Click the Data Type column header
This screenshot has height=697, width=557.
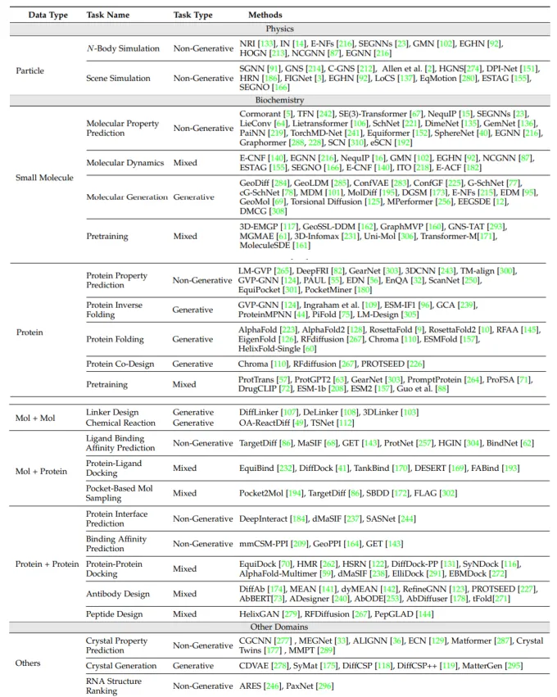pos(48,15)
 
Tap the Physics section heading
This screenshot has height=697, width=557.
pos(278,28)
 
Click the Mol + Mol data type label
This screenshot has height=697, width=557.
pos(37,419)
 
